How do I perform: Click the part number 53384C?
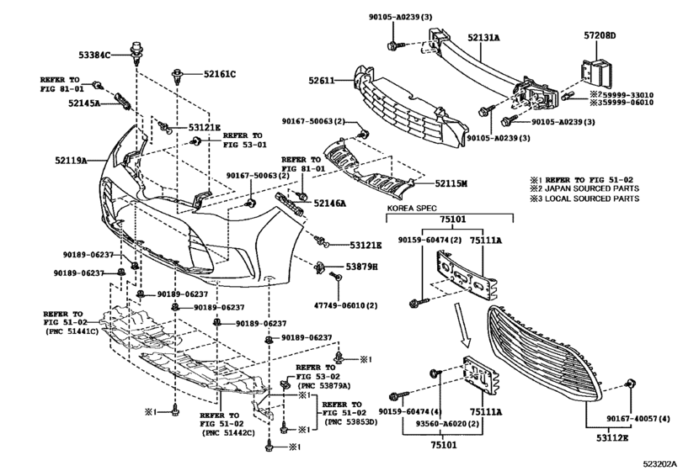pyautogui.click(x=94, y=55)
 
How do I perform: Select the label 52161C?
pyautogui.click(x=220, y=74)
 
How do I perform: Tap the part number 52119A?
pyautogui.click(x=71, y=161)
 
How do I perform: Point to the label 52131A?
pyautogui.click(x=484, y=38)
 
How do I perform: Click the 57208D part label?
pyautogui.click(x=600, y=35)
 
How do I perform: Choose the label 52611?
pyautogui.click(x=322, y=81)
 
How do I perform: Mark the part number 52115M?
pyautogui.click(x=451, y=183)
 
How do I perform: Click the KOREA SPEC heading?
pyautogui.click(x=412, y=209)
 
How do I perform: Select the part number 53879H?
pyautogui.click(x=361, y=267)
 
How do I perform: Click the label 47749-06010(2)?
pyautogui.click(x=345, y=305)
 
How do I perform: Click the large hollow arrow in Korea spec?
pyautogui.click(x=462, y=325)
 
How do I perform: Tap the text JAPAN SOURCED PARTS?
pyautogui.click(x=592, y=188)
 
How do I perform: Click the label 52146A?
pyautogui.click(x=329, y=203)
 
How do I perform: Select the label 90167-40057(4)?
pyautogui.click(x=638, y=418)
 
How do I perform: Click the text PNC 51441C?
pyautogui.click(x=72, y=331)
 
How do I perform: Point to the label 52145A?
pyautogui.click(x=84, y=103)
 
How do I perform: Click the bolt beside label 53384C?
pyautogui.click(x=136, y=51)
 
